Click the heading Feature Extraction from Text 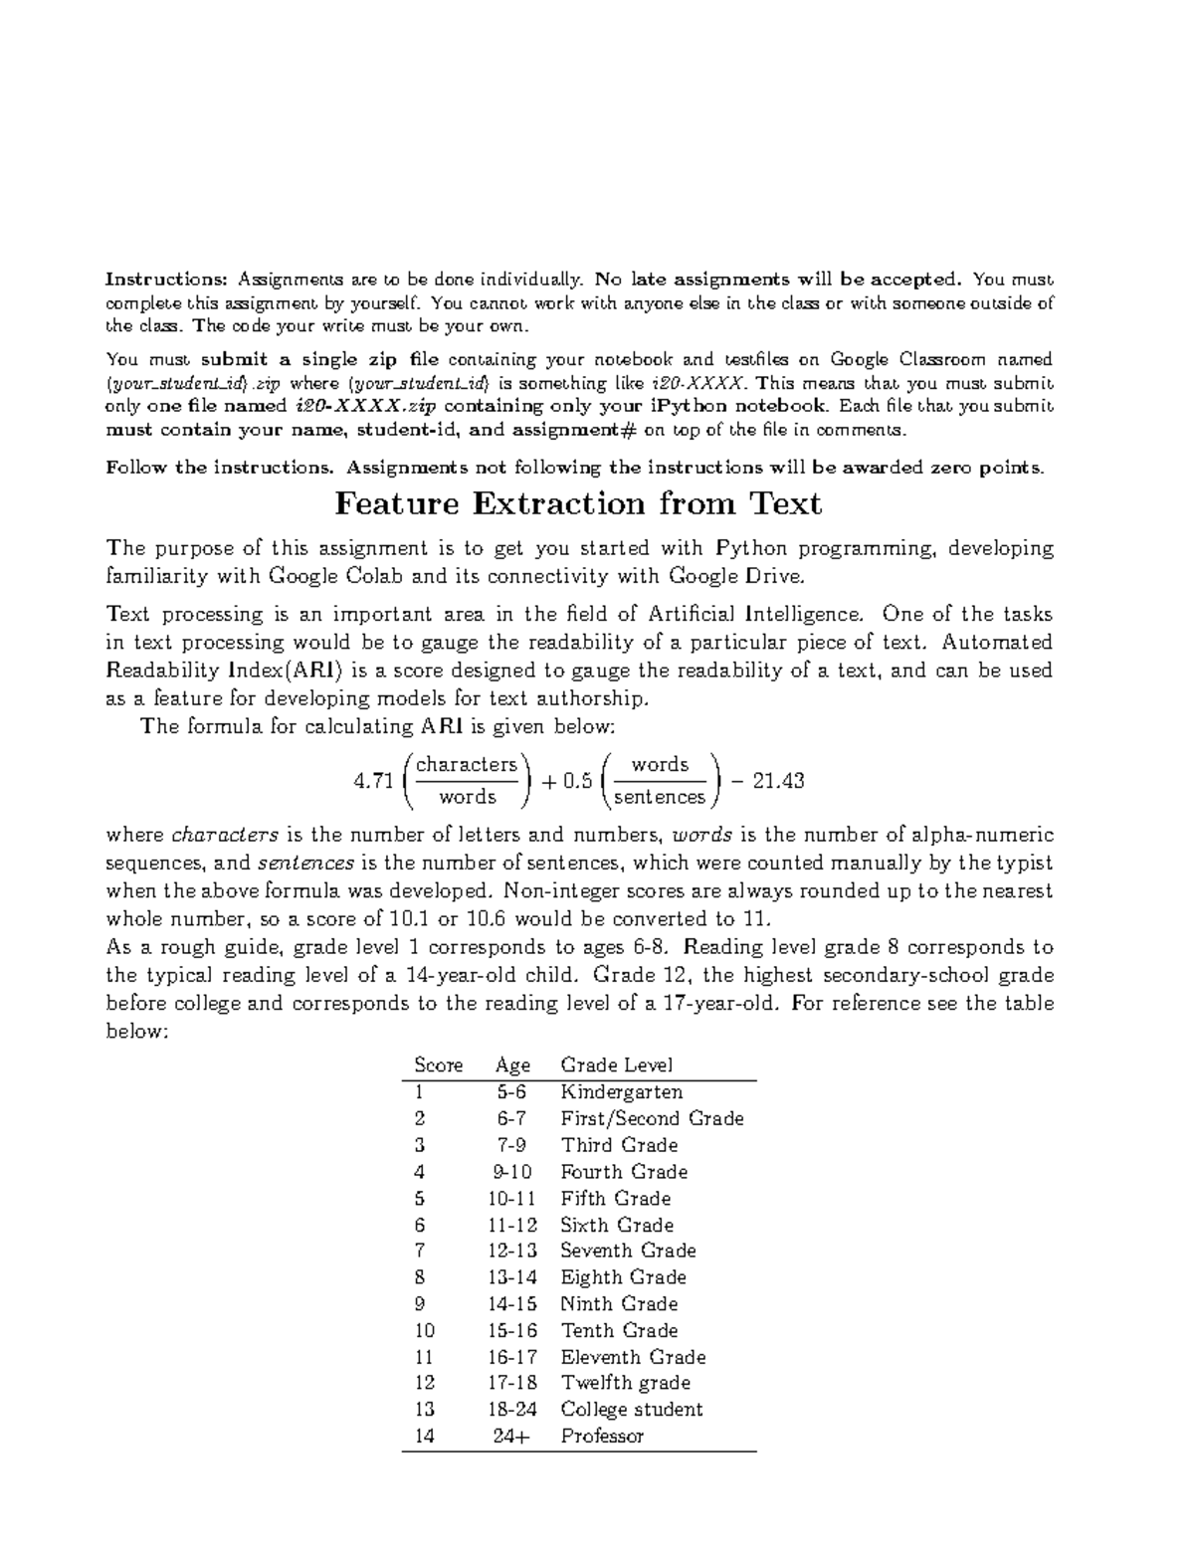pos(578,504)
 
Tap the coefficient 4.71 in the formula pos(373,781)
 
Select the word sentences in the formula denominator pos(660,797)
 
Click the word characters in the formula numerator pos(467,764)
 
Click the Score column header pos(438,1065)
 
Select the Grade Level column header pos(617,1065)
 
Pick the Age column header pos(512,1065)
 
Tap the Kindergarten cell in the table pos(621,1092)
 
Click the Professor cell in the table pos(602,1436)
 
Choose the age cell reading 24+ pos(511,1436)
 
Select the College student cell pos(631,1410)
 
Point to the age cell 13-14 pos(511,1277)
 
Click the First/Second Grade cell pos(652,1118)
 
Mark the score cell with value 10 pos(425,1330)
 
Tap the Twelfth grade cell pos(625,1383)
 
